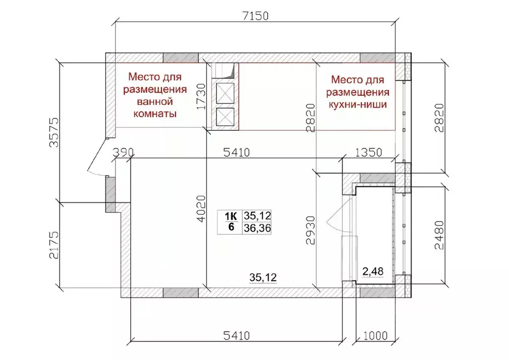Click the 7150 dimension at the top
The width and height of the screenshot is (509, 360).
click(x=255, y=15)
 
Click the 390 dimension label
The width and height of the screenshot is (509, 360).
click(x=123, y=152)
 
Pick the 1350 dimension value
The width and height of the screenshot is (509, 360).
click(x=368, y=152)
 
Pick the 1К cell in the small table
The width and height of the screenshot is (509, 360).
click(x=231, y=216)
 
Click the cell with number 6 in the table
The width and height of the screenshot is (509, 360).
click(x=231, y=228)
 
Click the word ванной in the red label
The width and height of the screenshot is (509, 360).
click(x=155, y=101)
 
